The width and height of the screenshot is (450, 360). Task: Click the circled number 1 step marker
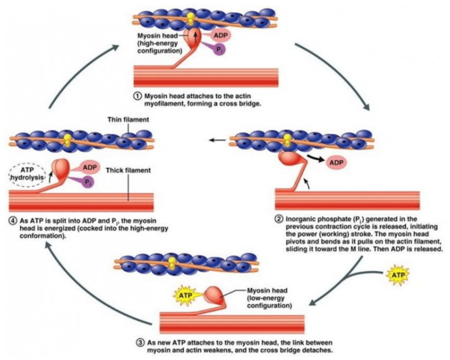[137, 95]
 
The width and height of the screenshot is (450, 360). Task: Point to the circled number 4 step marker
[13, 221]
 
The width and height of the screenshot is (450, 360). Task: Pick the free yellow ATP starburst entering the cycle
[397, 276]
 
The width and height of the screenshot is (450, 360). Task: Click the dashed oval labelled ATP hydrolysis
[28, 173]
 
